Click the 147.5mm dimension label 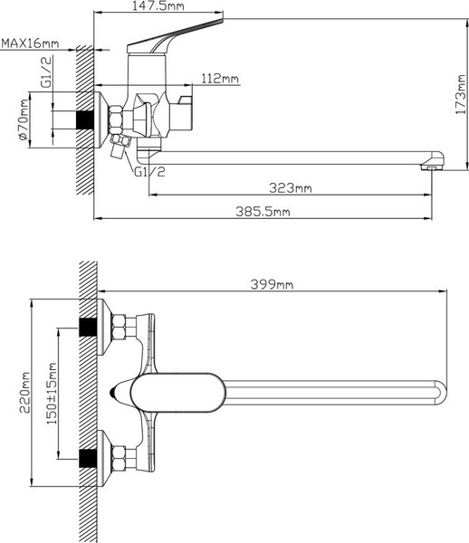tap(158, 8)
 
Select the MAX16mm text tap(30, 43)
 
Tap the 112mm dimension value tap(220, 79)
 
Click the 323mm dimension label tap(290, 188)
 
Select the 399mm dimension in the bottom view tap(272, 284)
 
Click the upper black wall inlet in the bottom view tap(88, 325)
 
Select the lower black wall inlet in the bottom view tap(88, 458)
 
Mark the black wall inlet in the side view tap(88, 119)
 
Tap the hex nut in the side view tap(117, 119)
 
